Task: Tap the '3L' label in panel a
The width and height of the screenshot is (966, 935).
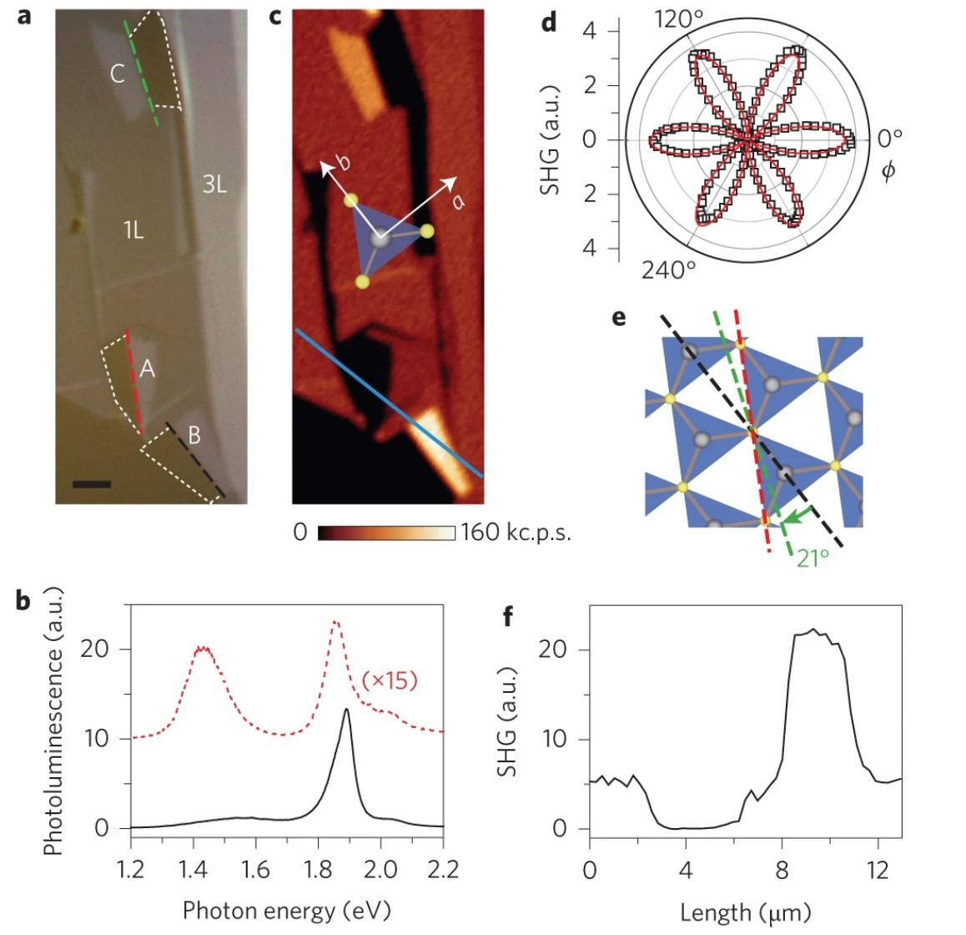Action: click(214, 184)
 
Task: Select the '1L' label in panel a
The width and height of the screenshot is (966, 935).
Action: click(133, 230)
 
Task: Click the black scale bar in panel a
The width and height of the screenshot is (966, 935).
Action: click(91, 483)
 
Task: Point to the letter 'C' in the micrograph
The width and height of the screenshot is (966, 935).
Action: click(118, 73)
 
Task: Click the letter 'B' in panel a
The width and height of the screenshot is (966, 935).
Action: click(194, 435)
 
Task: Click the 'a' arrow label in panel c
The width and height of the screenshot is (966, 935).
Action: click(458, 199)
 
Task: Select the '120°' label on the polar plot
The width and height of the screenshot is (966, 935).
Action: click(677, 18)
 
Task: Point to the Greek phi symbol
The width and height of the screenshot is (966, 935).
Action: click(888, 171)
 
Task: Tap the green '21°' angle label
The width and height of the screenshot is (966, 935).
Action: click(813, 558)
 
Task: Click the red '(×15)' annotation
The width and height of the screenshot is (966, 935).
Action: click(390, 680)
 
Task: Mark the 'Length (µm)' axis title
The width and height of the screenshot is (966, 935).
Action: click(745, 912)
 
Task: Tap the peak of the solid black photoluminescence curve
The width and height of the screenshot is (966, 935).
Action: click(346, 710)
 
